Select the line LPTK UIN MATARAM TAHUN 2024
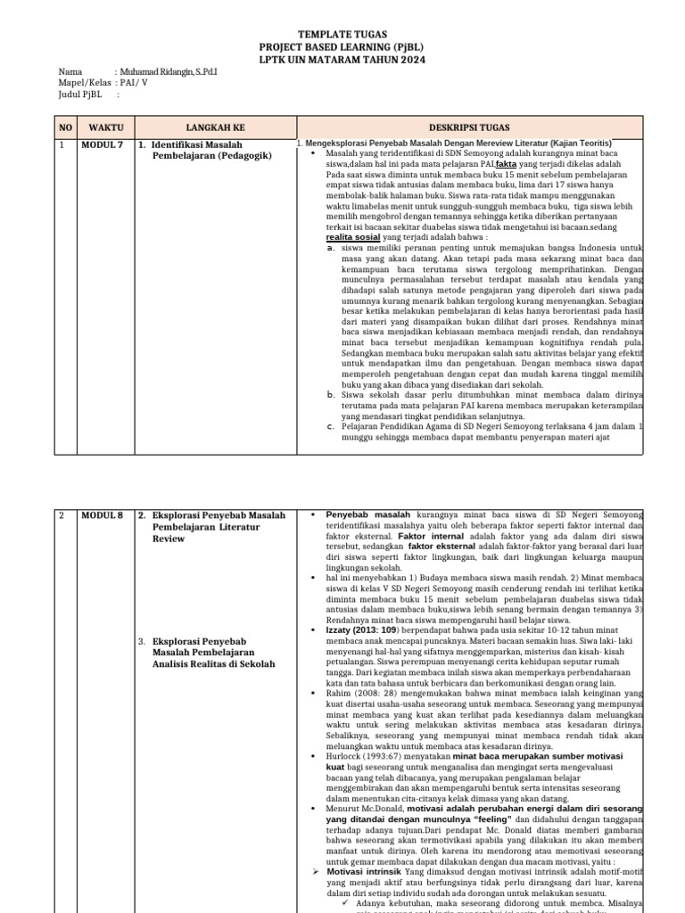(x=342, y=60)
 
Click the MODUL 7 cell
(x=103, y=144)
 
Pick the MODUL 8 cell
(x=103, y=515)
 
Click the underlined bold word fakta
(x=506, y=165)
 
